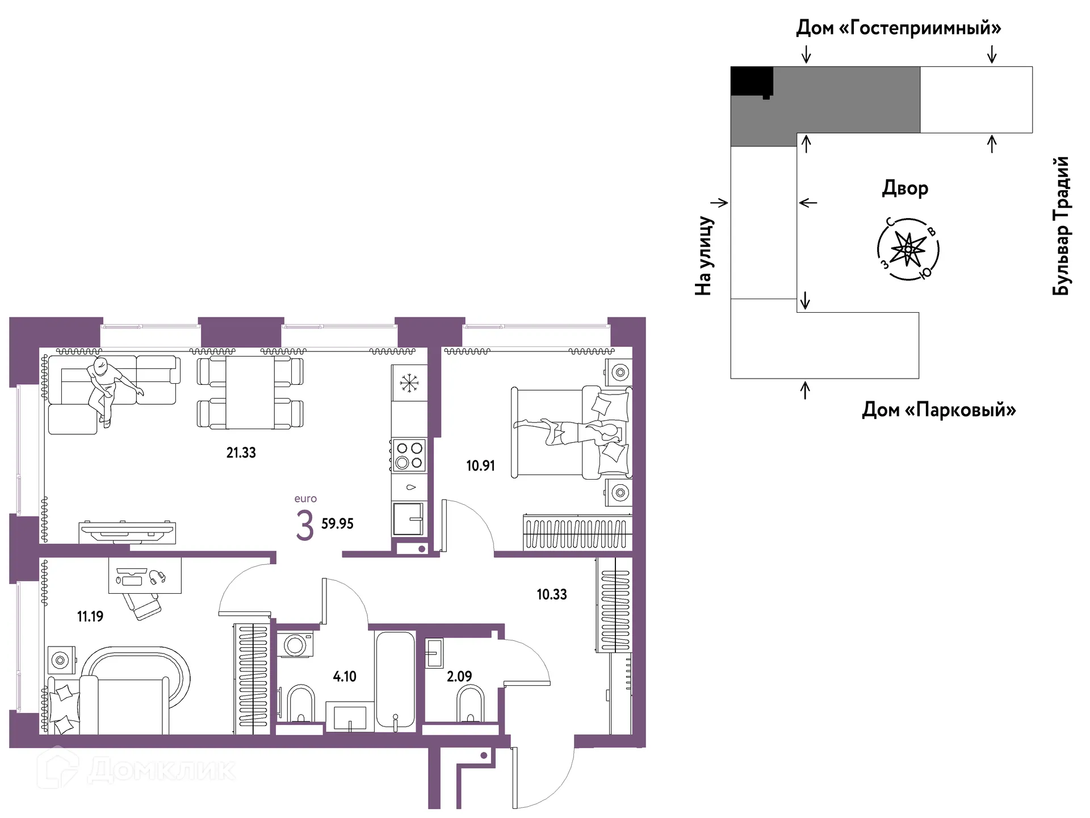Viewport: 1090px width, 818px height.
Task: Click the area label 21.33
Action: [x=241, y=452]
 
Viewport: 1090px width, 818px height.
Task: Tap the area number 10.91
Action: [x=480, y=465]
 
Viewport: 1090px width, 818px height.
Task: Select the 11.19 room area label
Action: [x=90, y=616]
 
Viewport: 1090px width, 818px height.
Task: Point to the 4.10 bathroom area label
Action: [x=345, y=676]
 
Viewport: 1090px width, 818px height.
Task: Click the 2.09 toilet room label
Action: [x=459, y=676]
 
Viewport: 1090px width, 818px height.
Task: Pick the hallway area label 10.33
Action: [x=552, y=594]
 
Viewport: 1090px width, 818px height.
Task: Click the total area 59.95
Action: [x=337, y=523]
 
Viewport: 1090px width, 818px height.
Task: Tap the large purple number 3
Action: [x=305, y=525]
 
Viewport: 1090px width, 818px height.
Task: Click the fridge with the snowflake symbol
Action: [x=409, y=383]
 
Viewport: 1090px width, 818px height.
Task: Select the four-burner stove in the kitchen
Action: [x=409, y=455]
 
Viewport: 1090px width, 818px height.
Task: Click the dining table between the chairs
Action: [x=250, y=392]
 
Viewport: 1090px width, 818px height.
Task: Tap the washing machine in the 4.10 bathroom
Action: [x=295, y=644]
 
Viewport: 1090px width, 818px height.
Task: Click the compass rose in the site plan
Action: [x=908, y=249]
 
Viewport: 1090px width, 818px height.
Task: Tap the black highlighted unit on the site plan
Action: [x=752, y=81]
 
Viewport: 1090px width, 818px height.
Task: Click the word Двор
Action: [x=905, y=188]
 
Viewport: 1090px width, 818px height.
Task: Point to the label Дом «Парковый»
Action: [x=939, y=409]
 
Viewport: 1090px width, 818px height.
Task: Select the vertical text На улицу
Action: [x=703, y=255]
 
